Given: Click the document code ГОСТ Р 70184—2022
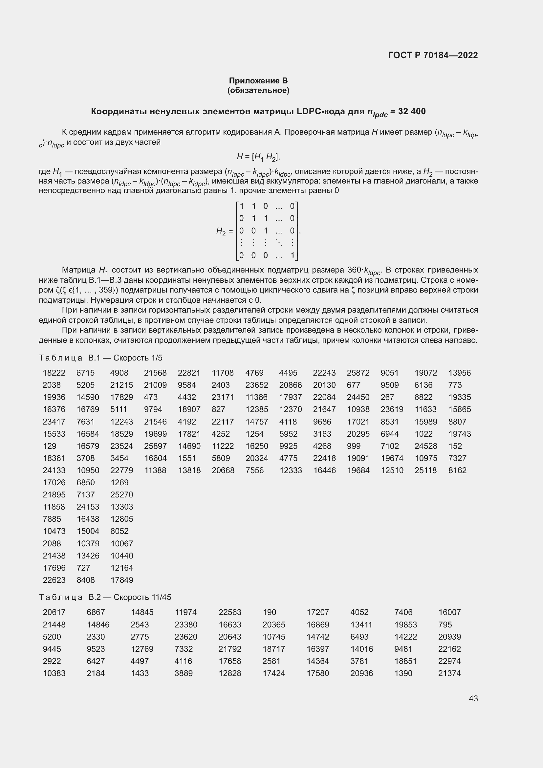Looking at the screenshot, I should pyautogui.click(x=433, y=55).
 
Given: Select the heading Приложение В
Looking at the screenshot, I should pyautogui.click(x=258, y=81).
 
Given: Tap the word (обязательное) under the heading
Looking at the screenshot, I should pyautogui.click(x=258, y=90).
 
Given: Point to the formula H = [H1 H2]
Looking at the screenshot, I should pyautogui.click(x=258, y=157).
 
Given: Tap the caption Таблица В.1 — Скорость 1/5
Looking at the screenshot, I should pyautogui.click(x=101, y=358).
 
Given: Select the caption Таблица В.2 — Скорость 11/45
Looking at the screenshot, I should pyautogui.click(x=105, y=597).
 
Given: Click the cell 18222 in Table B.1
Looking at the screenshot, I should pyautogui.click(x=54, y=373).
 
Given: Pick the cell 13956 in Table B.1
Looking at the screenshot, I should pyautogui.click(x=459, y=373).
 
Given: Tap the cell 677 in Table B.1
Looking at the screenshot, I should pyautogui.click(x=353, y=385).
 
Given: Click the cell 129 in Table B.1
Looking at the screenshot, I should pyautogui.click(x=50, y=446).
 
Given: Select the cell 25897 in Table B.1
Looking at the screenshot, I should pyautogui.click(x=155, y=446).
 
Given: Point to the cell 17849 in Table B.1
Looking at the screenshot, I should pyautogui.click(x=122, y=580).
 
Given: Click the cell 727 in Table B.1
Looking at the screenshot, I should pyautogui.click(x=83, y=568).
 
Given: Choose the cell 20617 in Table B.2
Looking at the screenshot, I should pyautogui.click(x=54, y=612).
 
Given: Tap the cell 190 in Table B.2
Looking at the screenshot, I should pyautogui.click(x=269, y=612).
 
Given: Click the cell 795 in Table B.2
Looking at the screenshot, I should pyautogui.click(x=445, y=625).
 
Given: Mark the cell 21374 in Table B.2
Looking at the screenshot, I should pyautogui.click(x=449, y=673).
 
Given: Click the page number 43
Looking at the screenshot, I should pyautogui.click(x=473, y=698).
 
